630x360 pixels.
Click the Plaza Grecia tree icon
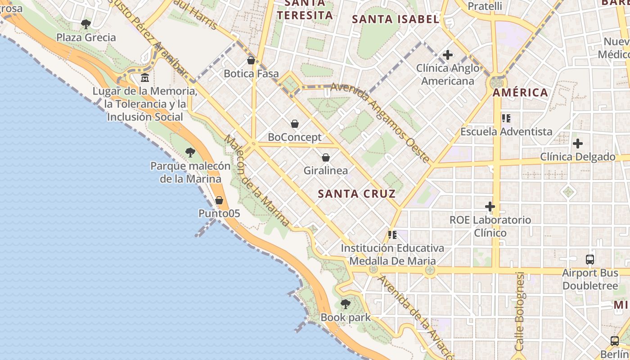[86, 24]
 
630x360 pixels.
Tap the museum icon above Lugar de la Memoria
[145, 78]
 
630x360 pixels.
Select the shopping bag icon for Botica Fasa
[251, 60]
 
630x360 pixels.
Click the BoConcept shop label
[295, 137]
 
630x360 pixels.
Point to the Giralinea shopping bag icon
[326, 157]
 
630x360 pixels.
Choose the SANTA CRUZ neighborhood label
[357, 194]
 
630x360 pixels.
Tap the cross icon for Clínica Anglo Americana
[448, 55]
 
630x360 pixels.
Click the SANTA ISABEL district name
[396, 19]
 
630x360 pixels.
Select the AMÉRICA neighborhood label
[521, 93]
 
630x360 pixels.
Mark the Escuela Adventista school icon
[506, 118]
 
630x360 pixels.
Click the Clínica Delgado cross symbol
[578, 144]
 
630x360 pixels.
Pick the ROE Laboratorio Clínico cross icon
[490, 207]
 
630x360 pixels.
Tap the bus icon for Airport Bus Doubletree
[590, 260]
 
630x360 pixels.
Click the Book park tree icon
[346, 304]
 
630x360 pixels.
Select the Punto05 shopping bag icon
[219, 200]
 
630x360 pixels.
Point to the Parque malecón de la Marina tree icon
[190, 153]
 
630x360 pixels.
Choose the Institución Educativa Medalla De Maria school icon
[392, 235]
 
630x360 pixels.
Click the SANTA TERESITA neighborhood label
[305, 10]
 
